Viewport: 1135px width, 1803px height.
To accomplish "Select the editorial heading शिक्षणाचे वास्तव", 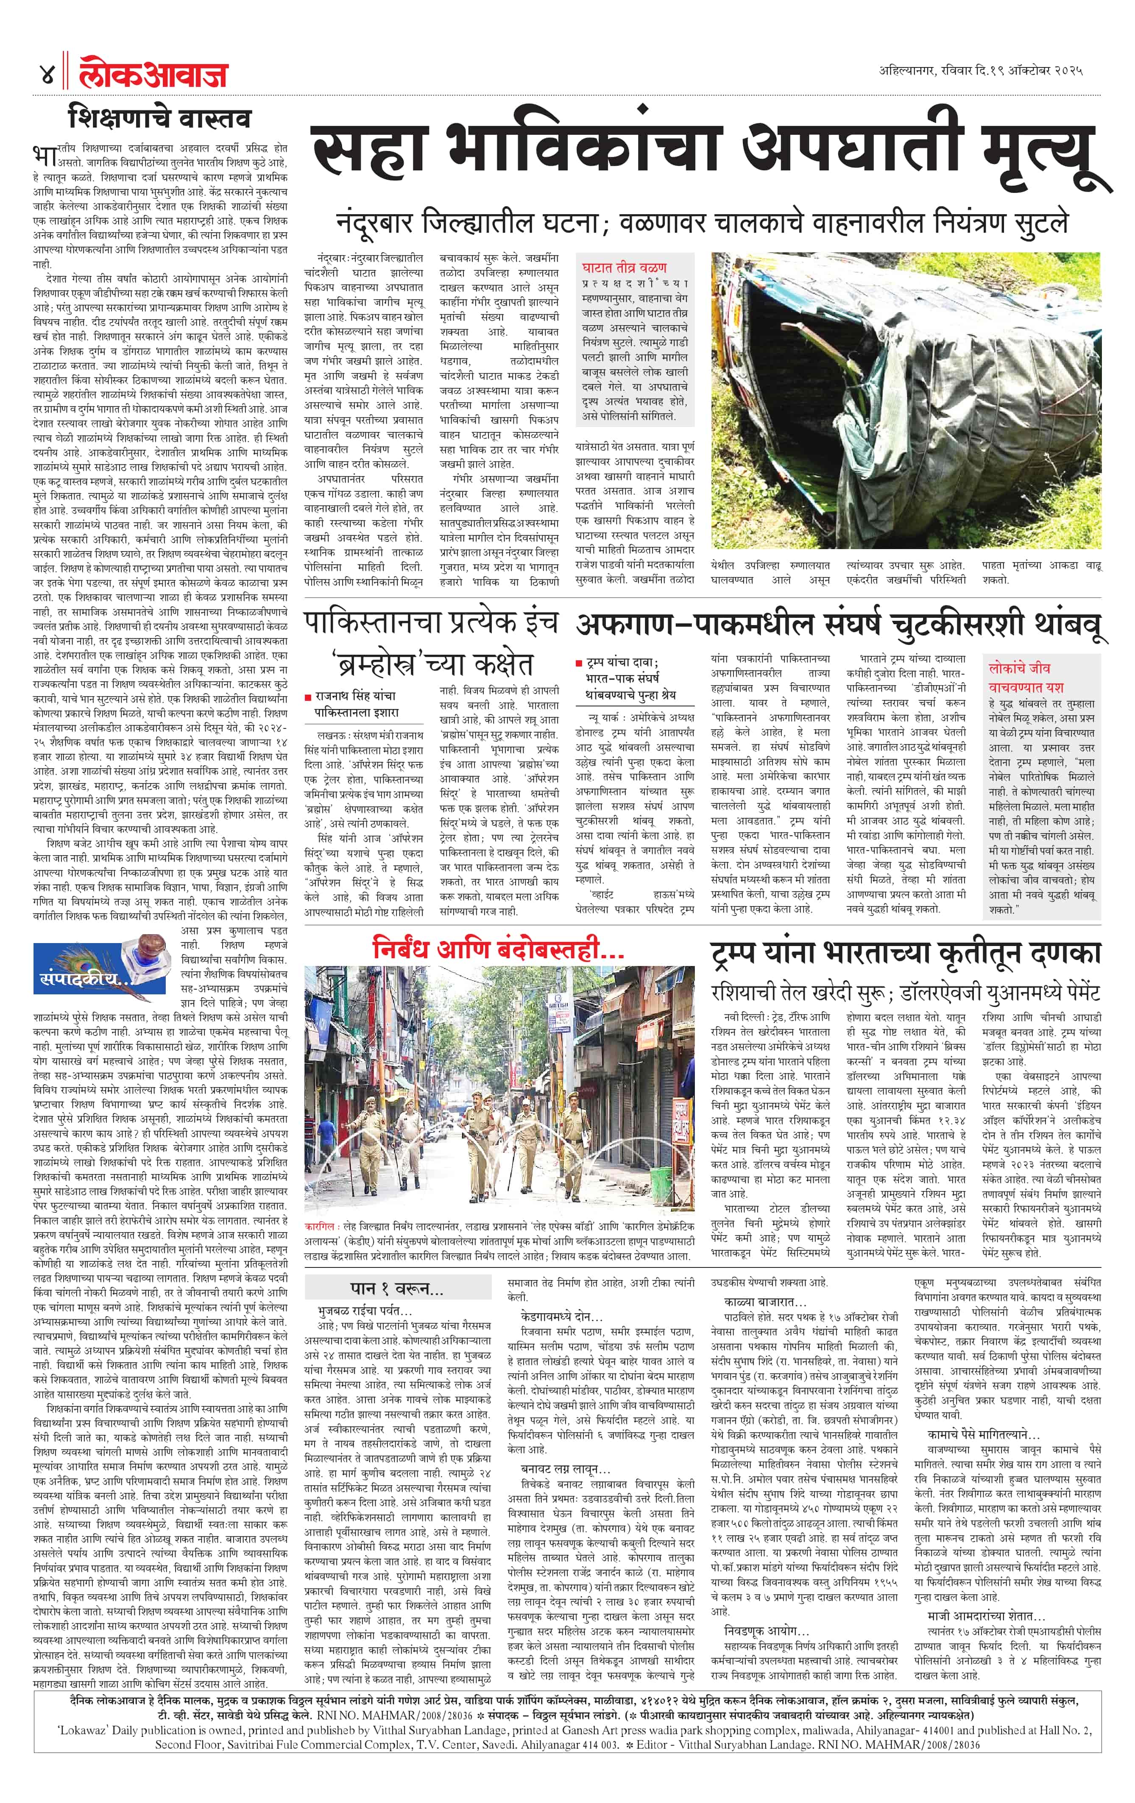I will click(x=159, y=118).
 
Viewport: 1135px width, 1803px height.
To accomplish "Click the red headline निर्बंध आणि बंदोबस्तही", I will click(x=498, y=950).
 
